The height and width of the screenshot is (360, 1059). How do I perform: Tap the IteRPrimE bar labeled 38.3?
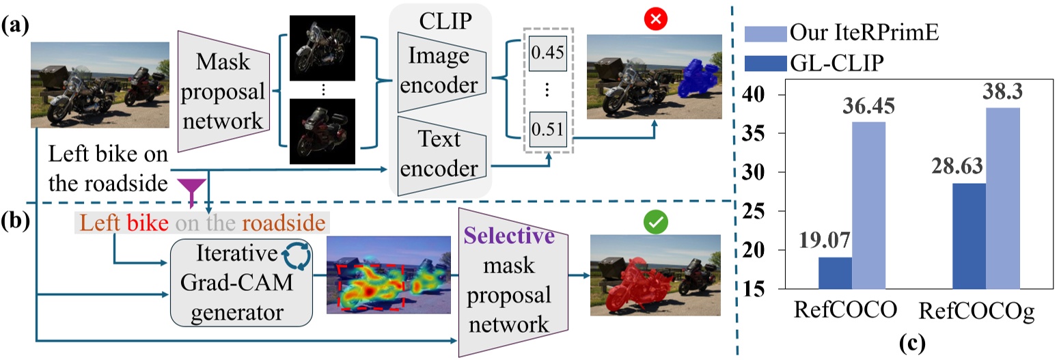1002,198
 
